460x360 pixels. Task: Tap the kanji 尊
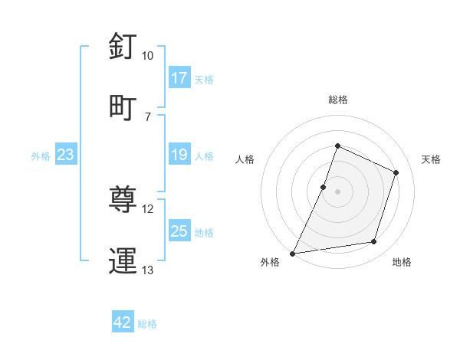(123, 200)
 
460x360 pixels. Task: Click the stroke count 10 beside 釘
(147, 56)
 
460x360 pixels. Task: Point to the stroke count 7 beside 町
(147, 116)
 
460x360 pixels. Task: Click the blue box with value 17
(179, 78)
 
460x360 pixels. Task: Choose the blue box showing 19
(179, 155)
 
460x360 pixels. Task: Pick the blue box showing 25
(179, 232)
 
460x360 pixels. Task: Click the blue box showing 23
(66, 155)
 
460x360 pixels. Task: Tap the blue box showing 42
(123, 322)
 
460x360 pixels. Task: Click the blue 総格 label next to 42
(147, 324)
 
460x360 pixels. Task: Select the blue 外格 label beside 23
(41, 156)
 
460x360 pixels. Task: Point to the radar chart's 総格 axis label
(337, 100)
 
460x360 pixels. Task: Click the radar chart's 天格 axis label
(431, 159)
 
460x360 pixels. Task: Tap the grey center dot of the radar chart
(337, 191)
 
